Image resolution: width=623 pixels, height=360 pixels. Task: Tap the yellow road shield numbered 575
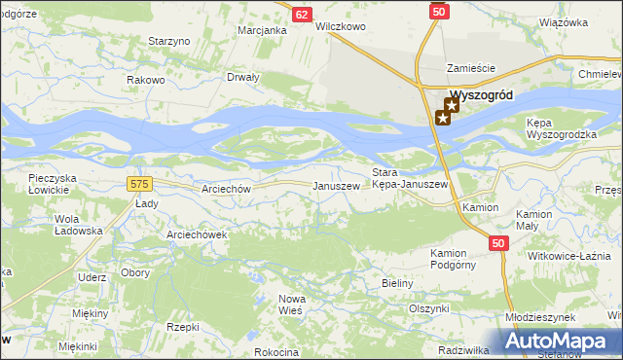coord(139,183)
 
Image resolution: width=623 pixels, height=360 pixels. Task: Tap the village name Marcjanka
coord(262,30)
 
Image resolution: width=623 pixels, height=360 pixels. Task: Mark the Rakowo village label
coord(146,80)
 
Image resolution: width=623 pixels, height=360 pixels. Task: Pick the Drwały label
coord(242,77)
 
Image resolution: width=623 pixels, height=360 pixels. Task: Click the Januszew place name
coord(335,186)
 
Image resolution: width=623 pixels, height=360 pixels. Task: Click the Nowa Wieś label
coord(291,304)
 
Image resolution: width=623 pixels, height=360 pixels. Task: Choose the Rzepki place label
coord(183,327)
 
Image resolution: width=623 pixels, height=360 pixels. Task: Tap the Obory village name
coord(135,273)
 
